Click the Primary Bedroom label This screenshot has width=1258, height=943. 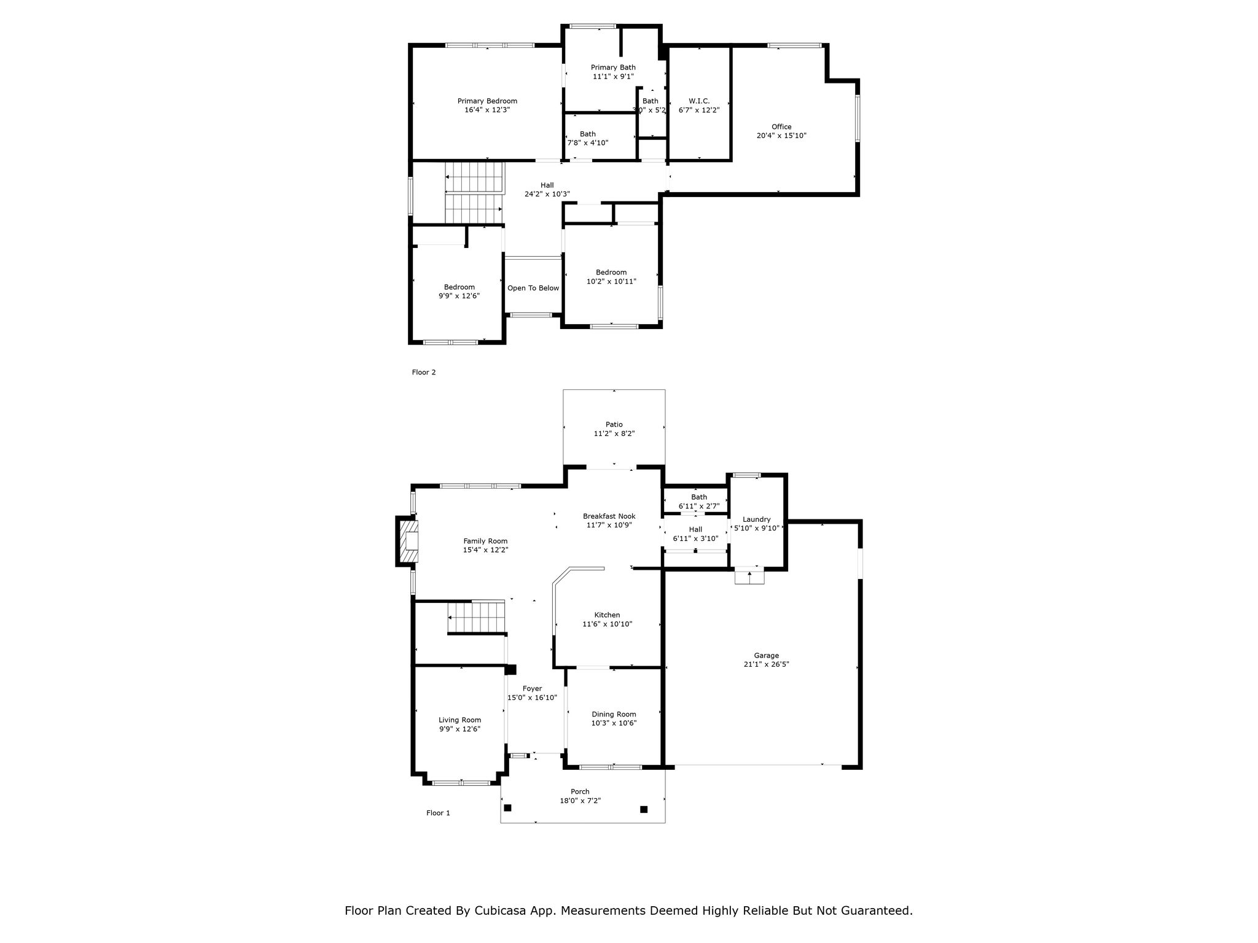487,101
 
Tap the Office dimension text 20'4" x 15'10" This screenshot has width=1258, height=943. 781,136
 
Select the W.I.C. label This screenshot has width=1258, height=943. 699,101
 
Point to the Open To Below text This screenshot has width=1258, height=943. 533,288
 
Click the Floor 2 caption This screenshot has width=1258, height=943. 424,372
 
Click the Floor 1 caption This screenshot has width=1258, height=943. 439,813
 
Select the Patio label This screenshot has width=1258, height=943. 614,424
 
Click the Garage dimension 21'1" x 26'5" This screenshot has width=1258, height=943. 766,664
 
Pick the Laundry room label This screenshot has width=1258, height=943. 756,519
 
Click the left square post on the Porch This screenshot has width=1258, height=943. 507,807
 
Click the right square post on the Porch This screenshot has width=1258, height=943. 644,809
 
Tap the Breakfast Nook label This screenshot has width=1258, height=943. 609,516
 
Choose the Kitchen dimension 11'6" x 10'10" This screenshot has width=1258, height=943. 607,624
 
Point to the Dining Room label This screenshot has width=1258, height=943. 614,714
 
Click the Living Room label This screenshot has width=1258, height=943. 459,720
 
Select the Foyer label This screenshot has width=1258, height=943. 533,689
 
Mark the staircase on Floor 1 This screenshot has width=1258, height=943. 476,616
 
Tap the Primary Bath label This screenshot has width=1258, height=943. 613,68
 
